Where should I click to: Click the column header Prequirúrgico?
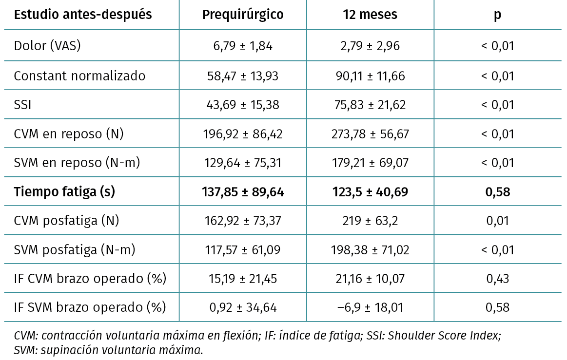point(243,15)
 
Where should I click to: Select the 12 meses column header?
point(370,15)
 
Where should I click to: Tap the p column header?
point(497,15)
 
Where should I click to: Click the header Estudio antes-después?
point(83,15)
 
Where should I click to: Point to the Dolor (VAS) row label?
point(47,46)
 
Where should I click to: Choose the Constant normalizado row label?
point(79,76)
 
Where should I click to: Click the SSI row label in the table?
point(22,105)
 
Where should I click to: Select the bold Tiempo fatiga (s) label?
point(64,192)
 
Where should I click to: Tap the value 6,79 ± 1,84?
point(243,47)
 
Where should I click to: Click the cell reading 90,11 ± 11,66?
point(370,76)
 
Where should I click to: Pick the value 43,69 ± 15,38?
point(243,105)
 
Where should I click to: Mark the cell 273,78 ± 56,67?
point(370,134)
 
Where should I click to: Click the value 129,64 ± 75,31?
point(243,163)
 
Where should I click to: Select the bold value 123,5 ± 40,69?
point(370,192)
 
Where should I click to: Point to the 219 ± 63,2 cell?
point(370,221)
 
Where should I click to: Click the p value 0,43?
point(497,279)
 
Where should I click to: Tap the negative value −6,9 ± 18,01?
point(370,307)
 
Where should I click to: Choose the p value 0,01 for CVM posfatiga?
point(497,221)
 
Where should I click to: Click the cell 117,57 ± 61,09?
point(243,250)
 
